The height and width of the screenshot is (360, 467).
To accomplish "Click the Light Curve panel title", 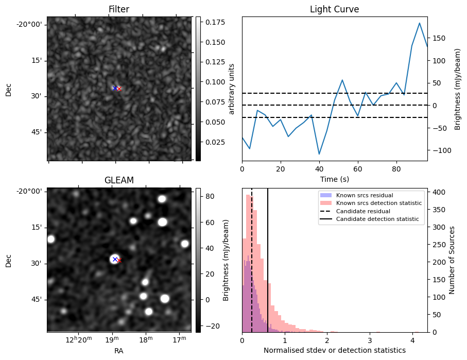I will point(334,9).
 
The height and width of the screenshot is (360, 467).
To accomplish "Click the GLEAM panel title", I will point(119,180).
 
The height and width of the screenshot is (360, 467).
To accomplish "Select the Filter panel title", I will point(119,9).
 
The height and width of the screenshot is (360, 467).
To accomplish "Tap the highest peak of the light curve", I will point(420,23).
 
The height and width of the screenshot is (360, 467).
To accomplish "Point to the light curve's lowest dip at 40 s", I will point(319,154).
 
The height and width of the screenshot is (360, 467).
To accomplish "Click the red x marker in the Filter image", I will point(119,89).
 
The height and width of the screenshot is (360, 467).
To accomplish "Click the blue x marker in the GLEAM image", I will point(115,259).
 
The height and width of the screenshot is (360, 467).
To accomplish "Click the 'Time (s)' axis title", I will point(334,178).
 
